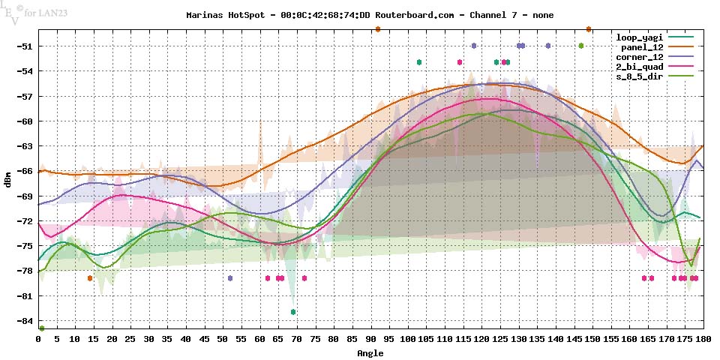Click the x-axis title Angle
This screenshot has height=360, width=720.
coord(370,352)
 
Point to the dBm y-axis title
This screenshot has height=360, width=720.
coord(8,180)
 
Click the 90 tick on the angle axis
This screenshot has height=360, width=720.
coord(370,339)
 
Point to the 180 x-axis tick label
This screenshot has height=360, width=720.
coord(703,339)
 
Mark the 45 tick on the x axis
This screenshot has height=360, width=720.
coord(204,339)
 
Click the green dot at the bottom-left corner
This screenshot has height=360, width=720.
coord(42,328)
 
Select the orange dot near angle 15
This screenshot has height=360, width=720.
coord(90,278)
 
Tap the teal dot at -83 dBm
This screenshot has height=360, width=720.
coord(293,311)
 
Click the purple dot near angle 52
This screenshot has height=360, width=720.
coord(230,278)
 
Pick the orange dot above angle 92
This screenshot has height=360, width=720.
coord(378,29)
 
